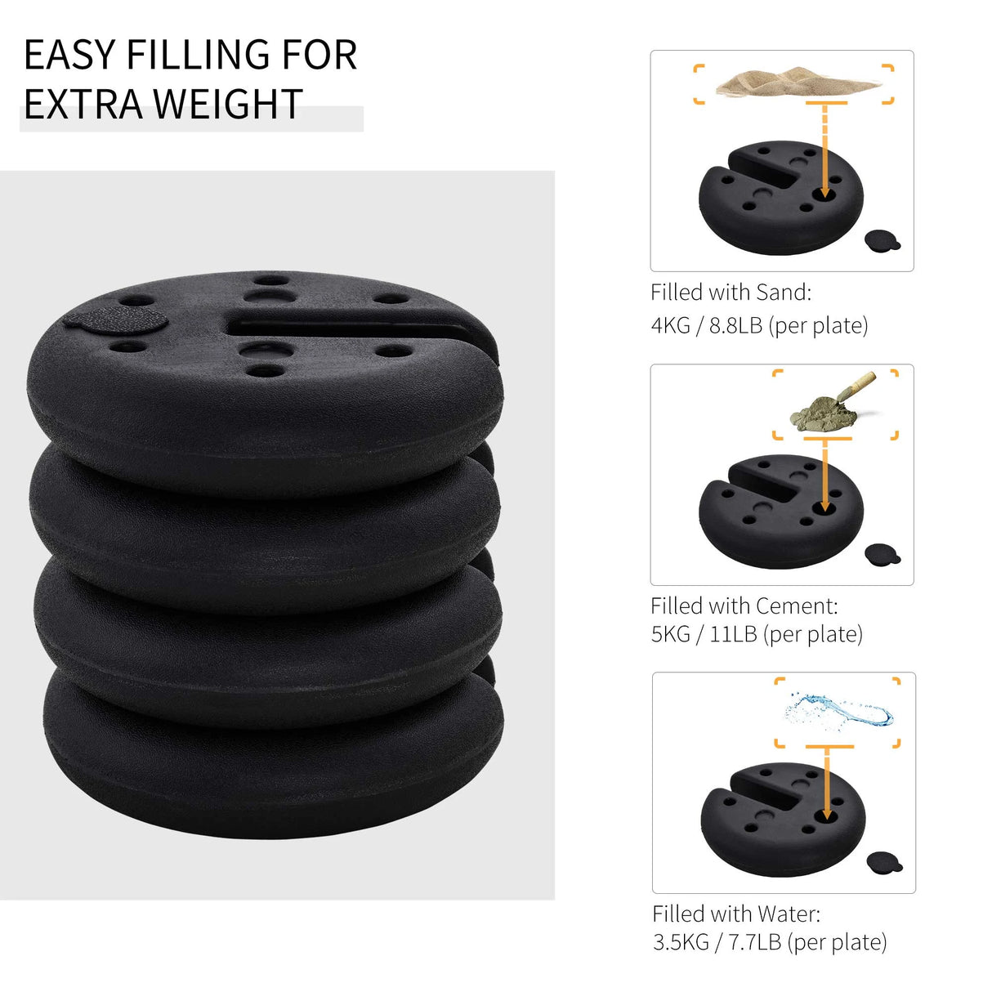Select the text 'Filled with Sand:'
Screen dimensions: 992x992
pyautogui.click(x=731, y=293)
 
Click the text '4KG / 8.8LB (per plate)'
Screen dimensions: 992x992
pyautogui.click(x=759, y=325)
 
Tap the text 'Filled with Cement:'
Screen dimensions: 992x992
pyautogui.click(x=744, y=605)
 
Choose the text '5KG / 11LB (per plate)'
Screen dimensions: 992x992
pyautogui.click(x=756, y=634)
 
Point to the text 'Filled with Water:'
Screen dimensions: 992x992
pyautogui.click(x=735, y=913)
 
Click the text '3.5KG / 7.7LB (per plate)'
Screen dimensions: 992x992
pyautogui.click(x=769, y=942)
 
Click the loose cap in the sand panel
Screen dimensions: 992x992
pyautogui.click(x=882, y=239)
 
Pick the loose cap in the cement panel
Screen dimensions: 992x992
pyautogui.click(x=882, y=553)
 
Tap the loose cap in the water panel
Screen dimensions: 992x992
pyautogui.click(x=884, y=861)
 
